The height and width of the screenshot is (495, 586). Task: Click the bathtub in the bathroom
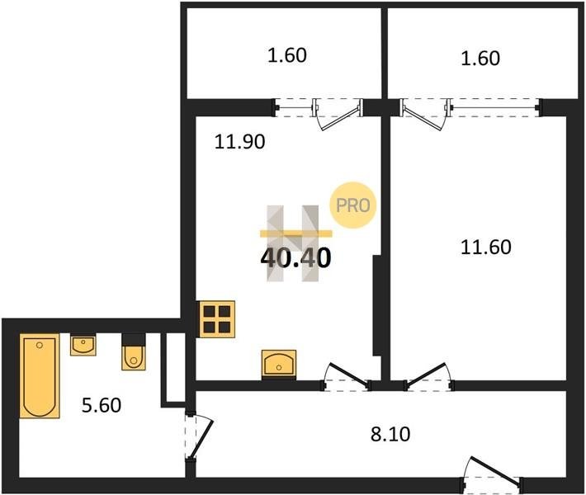pyautogui.click(x=40, y=376)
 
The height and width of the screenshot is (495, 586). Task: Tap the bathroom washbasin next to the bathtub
pyautogui.click(x=83, y=346)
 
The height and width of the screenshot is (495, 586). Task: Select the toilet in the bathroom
pyautogui.click(x=134, y=357)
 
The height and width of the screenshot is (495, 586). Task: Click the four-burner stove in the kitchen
pyautogui.click(x=217, y=319)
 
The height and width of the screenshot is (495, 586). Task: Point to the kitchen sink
pyautogui.click(x=279, y=363)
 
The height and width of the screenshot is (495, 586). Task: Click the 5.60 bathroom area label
pyautogui.click(x=102, y=405)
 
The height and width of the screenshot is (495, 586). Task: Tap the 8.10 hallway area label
pyautogui.click(x=390, y=434)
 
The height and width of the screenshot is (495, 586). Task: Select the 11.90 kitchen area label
pyautogui.click(x=239, y=142)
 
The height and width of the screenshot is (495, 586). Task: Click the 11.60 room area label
pyautogui.click(x=485, y=247)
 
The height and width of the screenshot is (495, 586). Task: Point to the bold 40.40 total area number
pyautogui.click(x=295, y=258)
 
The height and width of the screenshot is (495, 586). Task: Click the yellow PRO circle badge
pyautogui.click(x=352, y=205)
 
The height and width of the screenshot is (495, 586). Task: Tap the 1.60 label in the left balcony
pyautogui.click(x=287, y=55)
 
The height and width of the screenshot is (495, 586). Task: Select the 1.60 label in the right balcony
pyautogui.click(x=480, y=59)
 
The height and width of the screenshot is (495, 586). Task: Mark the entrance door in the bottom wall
pyautogui.click(x=493, y=474)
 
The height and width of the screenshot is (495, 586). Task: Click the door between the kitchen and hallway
pyautogui.click(x=347, y=377)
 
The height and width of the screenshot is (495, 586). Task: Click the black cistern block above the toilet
pyautogui.click(x=134, y=339)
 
